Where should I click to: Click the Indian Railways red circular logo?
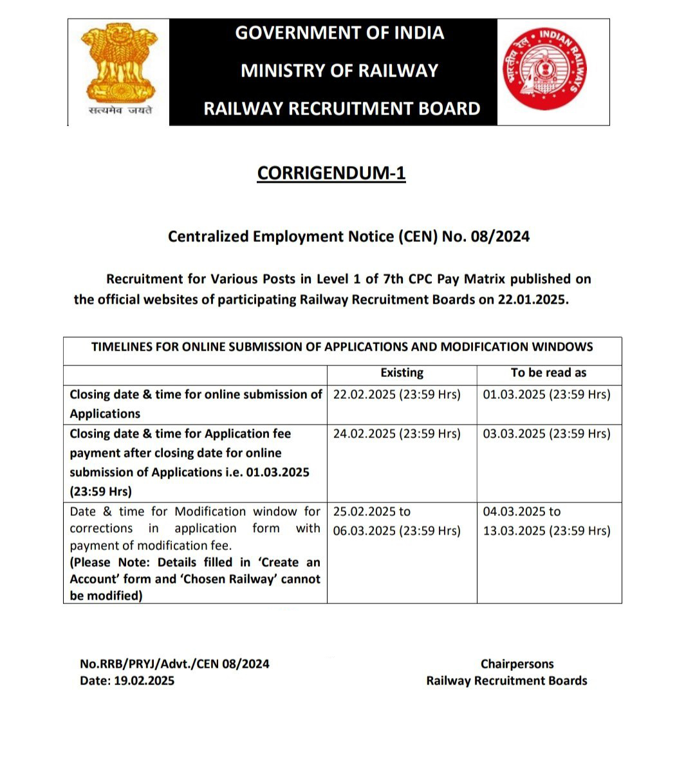[544, 70]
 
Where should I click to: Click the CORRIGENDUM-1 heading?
[331, 174]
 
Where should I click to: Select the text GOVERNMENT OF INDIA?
[339, 33]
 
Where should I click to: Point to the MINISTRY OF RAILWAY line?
[339, 71]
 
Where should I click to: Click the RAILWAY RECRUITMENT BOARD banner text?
[342, 109]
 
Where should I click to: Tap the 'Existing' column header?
[402, 373]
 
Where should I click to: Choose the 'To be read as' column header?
[548, 373]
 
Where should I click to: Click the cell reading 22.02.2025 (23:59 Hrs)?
[396, 395]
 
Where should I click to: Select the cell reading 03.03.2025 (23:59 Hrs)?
[546, 434]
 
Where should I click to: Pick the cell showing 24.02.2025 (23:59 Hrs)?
[396, 434]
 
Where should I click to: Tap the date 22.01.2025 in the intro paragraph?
[532, 300]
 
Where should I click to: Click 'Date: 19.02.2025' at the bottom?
[127, 681]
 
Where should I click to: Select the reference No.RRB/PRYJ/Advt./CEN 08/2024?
[174, 664]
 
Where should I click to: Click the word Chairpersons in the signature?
[517, 664]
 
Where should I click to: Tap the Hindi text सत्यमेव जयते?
[120, 111]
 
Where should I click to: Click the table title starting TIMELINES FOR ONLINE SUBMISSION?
[342, 347]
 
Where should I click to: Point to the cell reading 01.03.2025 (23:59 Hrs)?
[546, 395]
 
